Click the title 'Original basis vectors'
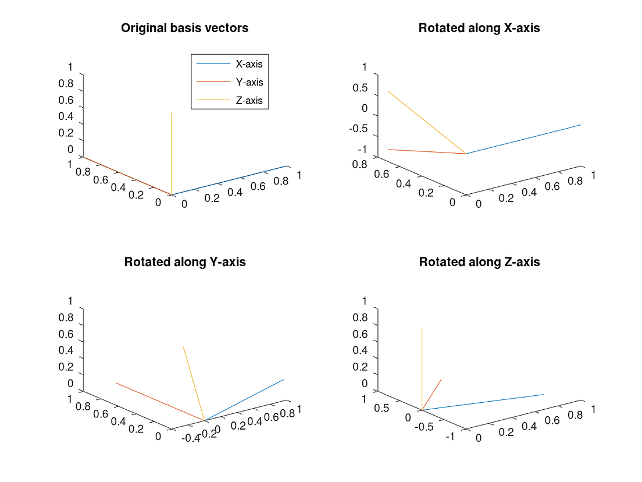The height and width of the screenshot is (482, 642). tap(184, 29)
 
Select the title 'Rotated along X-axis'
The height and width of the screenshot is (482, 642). tap(479, 29)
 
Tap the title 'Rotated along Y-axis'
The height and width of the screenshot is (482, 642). tap(185, 262)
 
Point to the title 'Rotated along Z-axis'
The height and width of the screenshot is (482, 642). tap(479, 262)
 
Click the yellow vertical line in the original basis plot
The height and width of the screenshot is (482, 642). tap(172, 151)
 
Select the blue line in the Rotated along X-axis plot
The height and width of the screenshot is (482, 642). tap(523, 139)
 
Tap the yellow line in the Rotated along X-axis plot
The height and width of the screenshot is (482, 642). tap(426, 122)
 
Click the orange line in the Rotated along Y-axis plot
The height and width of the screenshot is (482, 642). tap(160, 402)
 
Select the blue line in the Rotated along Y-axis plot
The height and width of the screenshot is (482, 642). tap(244, 400)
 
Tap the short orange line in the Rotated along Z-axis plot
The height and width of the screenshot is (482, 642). tap(432, 394)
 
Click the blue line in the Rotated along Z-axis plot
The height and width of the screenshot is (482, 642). tap(483, 402)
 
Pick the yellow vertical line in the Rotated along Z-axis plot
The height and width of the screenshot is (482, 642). tap(422, 367)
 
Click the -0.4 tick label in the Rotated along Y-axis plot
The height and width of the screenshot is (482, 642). tap(191, 438)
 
